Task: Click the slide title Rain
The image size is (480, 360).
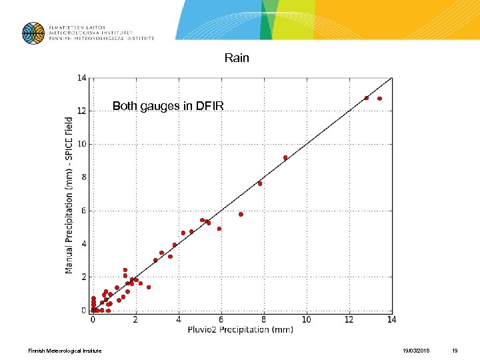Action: click(237, 58)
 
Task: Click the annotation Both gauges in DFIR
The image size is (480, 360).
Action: click(168, 106)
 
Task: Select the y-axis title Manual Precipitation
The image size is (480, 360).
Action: click(69, 195)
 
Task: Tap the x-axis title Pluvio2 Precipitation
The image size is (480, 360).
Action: click(241, 329)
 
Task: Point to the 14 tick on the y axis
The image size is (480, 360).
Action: click(81, 78)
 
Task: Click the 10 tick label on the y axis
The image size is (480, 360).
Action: click(81, 144)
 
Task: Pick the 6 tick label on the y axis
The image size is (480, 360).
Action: click(83, 211)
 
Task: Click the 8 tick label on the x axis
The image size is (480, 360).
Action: click(263, 320)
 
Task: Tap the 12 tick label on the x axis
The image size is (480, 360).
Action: click(349, 320)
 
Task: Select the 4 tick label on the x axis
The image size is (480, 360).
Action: click(178, 320)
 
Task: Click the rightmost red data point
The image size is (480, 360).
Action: click(379, 99)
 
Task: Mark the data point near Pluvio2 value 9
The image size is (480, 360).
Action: click(285, 158)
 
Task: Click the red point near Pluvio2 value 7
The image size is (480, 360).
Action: click(241, 215)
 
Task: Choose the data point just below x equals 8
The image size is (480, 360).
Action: click(260, 183)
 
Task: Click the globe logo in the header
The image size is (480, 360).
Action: click(33, 33)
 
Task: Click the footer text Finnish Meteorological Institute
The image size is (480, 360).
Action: click(65, 351)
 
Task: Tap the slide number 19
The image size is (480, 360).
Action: click(455, 351)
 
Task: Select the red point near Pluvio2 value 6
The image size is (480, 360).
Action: click(219, 229)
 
